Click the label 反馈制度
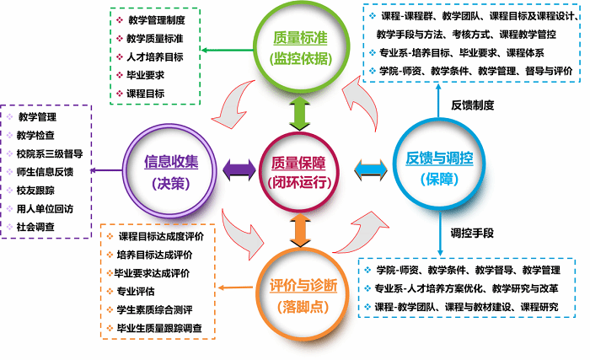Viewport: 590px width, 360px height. (x=472, y=105)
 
